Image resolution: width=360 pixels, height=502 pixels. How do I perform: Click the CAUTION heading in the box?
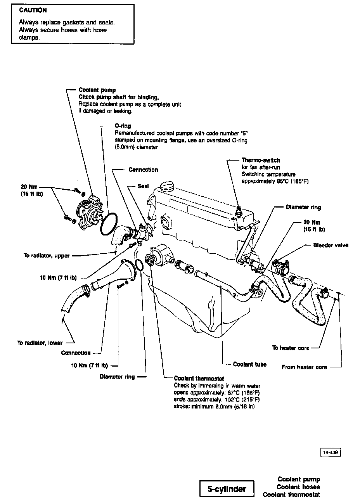[x=33, y=10]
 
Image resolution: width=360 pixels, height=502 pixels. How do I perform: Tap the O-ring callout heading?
[x=123, y=126]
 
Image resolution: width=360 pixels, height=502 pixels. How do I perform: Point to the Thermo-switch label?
[x=261, y=160]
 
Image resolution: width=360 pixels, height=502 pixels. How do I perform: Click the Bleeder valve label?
[x=331, y=245]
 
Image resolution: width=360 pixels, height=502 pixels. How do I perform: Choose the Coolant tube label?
[x=250, y=364]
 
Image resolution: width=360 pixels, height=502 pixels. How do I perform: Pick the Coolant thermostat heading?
[x=199, y=378]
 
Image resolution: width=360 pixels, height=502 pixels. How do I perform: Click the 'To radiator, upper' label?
[x=47, y=256]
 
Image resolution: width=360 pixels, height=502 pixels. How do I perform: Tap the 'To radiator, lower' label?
[x=40, y=343]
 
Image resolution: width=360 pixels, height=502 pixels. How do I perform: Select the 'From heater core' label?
[x=304, y=367]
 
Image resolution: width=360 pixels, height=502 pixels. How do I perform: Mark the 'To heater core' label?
[x=291, y=348]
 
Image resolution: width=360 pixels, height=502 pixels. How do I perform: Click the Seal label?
[x=143, y=186]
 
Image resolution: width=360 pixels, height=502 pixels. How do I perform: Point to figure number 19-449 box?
[x=331, y=452]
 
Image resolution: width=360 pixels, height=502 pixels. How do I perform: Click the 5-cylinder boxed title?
[x=227, y=489]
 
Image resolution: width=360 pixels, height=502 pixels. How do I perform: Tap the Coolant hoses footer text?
[x=298, y=487]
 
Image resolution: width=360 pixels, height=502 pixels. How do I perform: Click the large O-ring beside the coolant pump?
[x=108, y=224]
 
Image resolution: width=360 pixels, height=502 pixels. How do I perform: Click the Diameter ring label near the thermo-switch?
[x=303, y=207]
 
